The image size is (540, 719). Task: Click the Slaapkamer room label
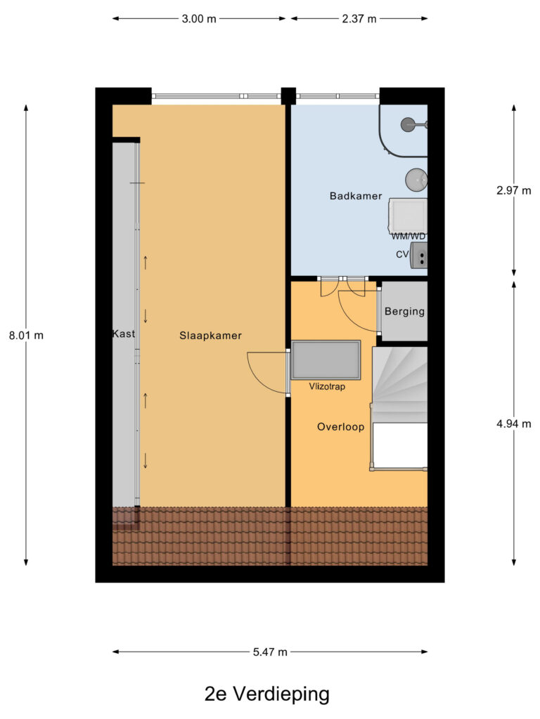click(210, 336)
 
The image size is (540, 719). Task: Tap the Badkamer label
click(350, 196)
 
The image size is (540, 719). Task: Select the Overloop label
click(340, 427)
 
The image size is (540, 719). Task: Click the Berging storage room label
click(404, 311)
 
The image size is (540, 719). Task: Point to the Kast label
click(123, 334)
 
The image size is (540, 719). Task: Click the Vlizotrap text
click(327, 386)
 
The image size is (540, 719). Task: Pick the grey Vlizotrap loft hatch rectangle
click(326, 359)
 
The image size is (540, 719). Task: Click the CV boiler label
click(402, 254)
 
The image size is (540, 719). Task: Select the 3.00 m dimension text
click(199, 19)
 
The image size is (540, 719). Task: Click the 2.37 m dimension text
click(359, 19)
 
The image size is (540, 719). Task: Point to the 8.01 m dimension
click(26, 336)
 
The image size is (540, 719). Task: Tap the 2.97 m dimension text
click(513, 190)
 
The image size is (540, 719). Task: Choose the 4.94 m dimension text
click(513, 423)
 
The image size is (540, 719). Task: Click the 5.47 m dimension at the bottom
click(270, 652)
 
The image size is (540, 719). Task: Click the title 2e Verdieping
click(266, 694)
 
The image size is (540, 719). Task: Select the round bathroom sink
click(416, 179)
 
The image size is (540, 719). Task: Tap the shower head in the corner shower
click(408, 125)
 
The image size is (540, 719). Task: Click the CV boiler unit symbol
click(419, 255)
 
